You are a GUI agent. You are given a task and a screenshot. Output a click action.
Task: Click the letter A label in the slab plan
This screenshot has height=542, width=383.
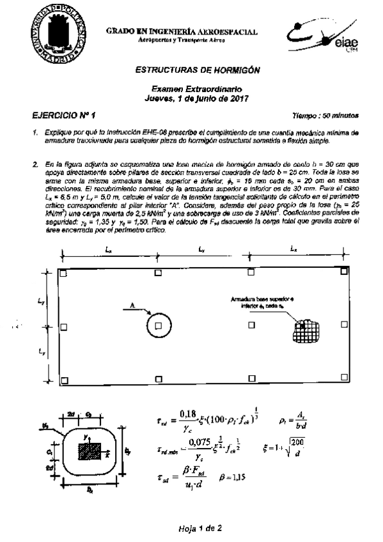coord(131,307)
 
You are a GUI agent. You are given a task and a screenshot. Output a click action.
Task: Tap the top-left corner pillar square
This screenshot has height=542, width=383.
coord(65,273)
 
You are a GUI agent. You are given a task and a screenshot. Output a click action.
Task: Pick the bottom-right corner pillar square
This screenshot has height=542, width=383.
coord(344,380)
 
